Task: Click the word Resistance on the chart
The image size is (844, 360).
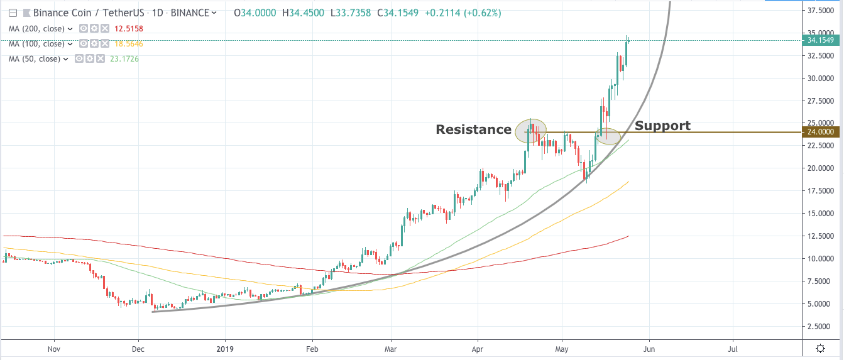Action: [473, 129]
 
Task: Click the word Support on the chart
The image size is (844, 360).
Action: [662, 126]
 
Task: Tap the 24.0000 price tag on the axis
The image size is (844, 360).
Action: [821, 132]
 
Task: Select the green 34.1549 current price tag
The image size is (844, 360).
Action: [821, 40]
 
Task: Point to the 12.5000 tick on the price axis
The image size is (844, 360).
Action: [824, 236]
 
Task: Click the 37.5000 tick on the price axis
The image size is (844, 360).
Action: [824, 10]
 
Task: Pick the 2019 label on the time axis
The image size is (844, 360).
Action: [226, 347]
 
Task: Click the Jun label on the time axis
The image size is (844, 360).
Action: [649, 347]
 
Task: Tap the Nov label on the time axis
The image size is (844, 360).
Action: [54, 347]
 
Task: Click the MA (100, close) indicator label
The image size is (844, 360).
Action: [36, 43]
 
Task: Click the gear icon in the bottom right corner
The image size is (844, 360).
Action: [820, 348]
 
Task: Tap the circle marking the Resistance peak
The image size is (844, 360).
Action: [530, 131]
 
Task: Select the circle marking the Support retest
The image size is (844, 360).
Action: [608, 135]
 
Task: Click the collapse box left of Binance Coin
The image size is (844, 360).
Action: [13, 13]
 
